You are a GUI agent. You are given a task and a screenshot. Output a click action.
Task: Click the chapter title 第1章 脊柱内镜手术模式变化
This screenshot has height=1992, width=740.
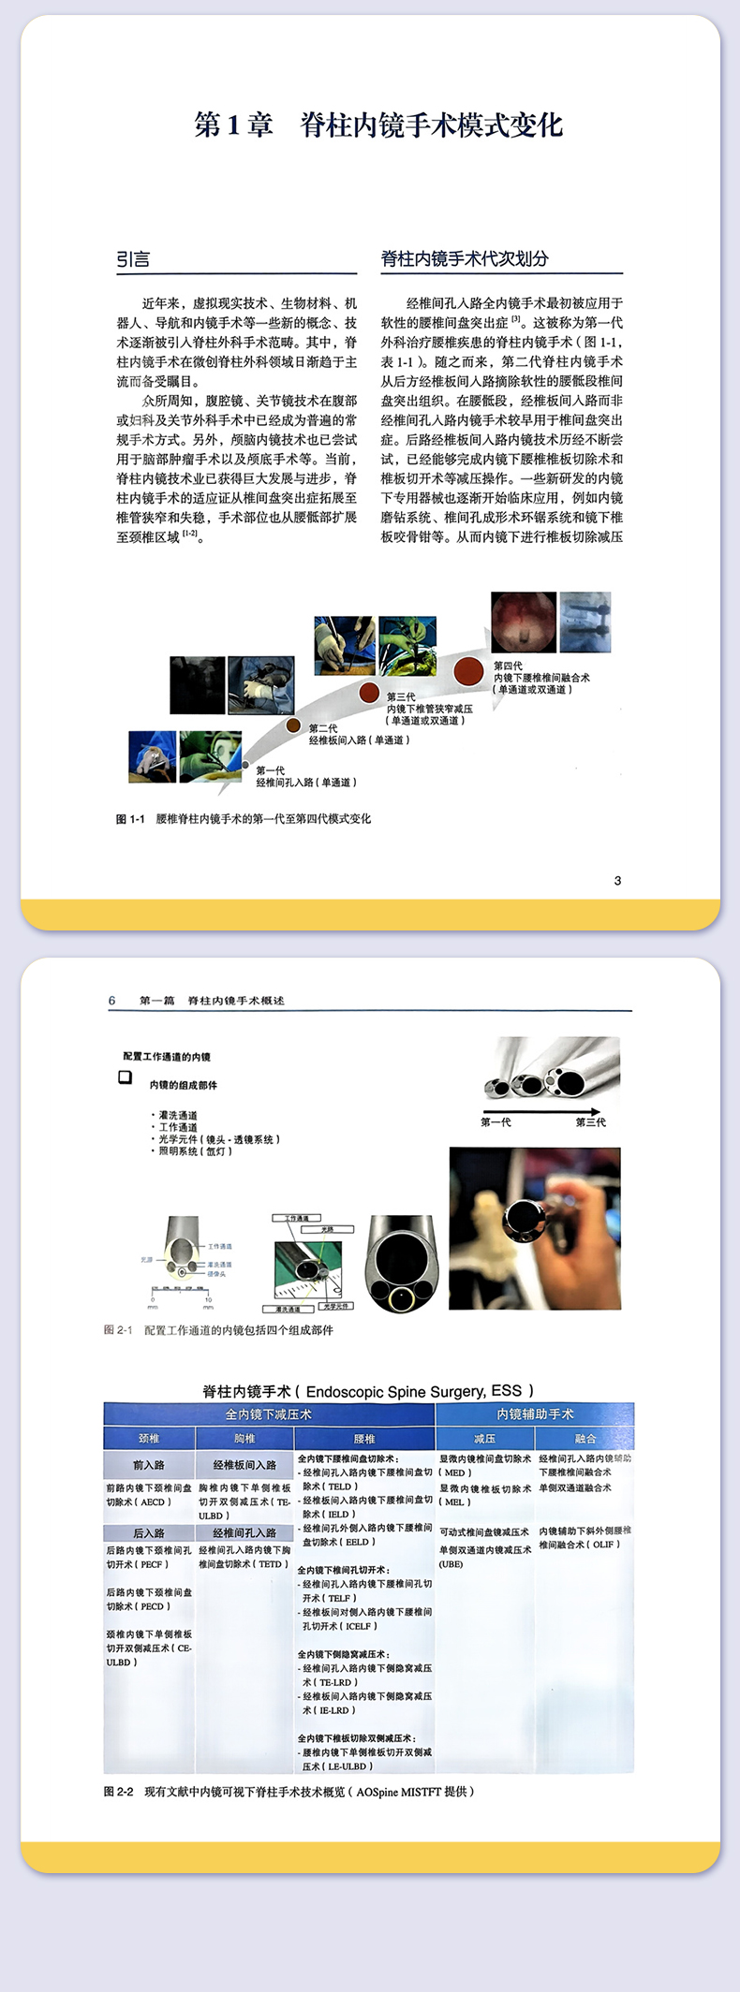(x=377, y=124)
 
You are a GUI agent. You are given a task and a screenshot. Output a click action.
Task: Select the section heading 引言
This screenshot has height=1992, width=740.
(x=133, y=259)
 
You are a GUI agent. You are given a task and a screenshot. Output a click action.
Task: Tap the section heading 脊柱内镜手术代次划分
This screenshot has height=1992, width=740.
(x=465, y=258)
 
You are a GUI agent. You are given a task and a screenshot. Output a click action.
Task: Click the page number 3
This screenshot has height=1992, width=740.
(x=617, y=880)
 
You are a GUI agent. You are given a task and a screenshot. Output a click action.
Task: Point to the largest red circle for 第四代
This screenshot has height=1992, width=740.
(x=468, y=670)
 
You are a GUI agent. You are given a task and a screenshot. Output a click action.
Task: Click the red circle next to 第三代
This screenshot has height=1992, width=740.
(x=370, y=693)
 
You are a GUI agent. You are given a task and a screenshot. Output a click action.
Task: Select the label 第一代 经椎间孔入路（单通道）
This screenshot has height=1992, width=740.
(x=305, y=776)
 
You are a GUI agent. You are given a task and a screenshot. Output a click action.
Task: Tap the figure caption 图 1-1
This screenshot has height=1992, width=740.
(x=243, y=819)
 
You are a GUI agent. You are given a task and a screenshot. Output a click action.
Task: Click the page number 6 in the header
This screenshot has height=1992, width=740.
(x=111, y=1001)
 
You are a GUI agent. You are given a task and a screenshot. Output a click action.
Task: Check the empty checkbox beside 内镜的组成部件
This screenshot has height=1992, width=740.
(x=125, y=1077)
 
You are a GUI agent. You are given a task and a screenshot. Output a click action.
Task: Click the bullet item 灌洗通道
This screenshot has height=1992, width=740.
(x=177, y=1115)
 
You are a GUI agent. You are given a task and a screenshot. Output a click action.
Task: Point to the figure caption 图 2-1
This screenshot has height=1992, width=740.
(x=218, y=1330)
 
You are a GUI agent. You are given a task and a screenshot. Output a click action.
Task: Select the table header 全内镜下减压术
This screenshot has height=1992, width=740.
(x=269, y=1414)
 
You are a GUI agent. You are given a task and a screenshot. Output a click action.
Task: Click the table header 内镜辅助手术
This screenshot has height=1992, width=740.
(x=535, y=1414)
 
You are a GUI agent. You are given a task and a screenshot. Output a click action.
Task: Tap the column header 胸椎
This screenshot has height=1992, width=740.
(x=244, y=1439)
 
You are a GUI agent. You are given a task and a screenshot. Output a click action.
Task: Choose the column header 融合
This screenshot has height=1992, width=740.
(x=585, y=1439)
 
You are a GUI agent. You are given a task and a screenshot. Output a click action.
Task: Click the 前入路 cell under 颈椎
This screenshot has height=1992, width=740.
(x=149, y=1465)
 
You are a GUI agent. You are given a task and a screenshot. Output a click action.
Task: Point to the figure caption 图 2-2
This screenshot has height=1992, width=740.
(x=289, y=1791)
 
